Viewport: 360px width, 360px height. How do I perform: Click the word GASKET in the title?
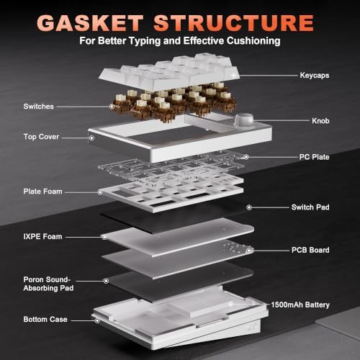90,23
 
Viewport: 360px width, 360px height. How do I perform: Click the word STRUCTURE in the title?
234,23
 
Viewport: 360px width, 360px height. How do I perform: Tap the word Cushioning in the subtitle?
253,41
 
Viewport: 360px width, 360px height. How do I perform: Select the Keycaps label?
315,76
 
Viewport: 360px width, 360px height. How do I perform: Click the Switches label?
39,107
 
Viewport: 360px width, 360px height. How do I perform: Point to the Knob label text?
320,120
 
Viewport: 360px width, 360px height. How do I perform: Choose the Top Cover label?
41,137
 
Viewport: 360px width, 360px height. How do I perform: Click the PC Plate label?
314,157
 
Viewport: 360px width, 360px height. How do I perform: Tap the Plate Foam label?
42,192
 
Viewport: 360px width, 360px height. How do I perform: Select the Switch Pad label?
310,207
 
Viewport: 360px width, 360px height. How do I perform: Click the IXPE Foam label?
42,236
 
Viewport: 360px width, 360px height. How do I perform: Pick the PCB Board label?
310,250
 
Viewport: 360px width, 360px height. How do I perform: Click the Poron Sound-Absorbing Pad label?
48,284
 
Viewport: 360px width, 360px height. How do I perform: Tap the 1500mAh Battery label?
300,305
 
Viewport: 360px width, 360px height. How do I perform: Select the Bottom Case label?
45,319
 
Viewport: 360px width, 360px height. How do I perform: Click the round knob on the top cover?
244,120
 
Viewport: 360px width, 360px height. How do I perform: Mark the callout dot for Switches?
112,107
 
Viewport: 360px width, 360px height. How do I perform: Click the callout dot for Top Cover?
91,138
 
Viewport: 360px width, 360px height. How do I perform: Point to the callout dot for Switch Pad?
249,207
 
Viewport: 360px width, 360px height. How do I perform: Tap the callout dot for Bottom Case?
97,320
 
